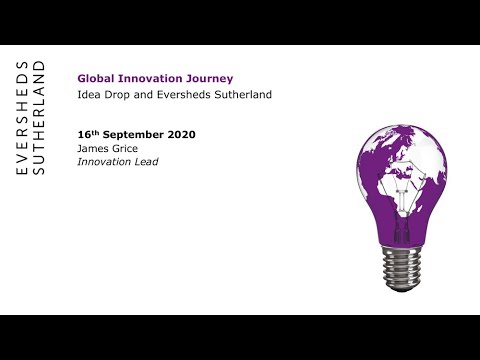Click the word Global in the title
[94, 77]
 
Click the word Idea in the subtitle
[88, 95]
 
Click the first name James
[93, 148]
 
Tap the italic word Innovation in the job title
[104, 162]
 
